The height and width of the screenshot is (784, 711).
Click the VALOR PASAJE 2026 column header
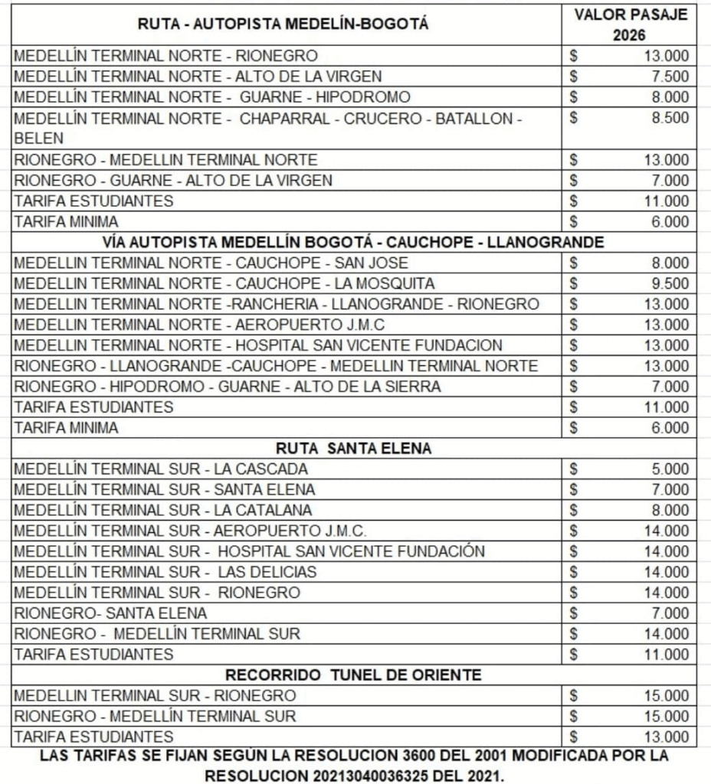tap(631, 24)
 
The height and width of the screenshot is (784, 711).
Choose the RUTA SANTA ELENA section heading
tap(353, 449)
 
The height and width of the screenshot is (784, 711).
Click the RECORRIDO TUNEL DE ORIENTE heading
tap(353, 675)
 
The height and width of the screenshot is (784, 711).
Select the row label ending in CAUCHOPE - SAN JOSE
tap(184, 263)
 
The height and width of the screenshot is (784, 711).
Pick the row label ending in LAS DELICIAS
tap(165, 572)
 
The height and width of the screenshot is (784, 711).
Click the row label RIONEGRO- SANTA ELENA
tap(110, 613)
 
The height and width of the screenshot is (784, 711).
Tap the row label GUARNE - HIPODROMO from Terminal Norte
tap(211, 97)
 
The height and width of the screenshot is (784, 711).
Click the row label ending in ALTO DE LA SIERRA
tap(228, 387)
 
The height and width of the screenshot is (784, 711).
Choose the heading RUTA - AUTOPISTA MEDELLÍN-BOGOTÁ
tap(284, 24)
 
